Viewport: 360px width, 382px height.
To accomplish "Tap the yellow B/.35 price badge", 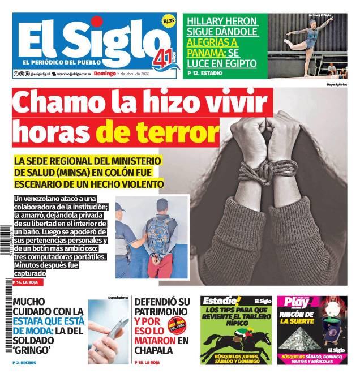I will coord(168,21).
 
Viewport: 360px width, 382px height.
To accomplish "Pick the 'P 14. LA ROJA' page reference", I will coord(28,281).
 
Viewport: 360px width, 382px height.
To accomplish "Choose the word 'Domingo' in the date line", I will coord(104,74).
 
